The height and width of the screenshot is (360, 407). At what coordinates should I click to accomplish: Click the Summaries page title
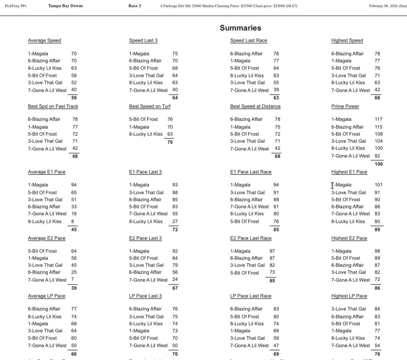tap(240, 28)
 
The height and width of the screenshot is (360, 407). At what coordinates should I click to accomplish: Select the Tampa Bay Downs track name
tap(65, 6)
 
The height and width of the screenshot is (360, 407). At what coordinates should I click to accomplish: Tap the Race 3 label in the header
tap(135, 6)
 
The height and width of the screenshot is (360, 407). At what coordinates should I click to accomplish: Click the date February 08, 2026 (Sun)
tap(388, 6)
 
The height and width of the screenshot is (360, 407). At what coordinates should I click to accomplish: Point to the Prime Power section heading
tap(345, 106)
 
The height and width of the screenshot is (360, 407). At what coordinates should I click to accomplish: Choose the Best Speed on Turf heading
tap(149, 106)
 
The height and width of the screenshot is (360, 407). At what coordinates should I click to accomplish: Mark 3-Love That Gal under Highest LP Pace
tap(349, 309)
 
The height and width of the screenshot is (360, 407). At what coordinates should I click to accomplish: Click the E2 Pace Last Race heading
tap(250, 238)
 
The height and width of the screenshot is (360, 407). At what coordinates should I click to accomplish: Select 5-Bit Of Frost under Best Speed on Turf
tap(143, 119)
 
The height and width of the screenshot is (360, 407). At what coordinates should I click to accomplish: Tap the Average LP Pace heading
tap(46, 296)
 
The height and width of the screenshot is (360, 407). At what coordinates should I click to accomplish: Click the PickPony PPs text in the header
tap(16, 6)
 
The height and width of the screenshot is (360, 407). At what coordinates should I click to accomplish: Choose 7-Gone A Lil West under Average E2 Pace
tap(47, 280)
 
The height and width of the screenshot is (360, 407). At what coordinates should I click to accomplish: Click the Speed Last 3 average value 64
tap(175, 98)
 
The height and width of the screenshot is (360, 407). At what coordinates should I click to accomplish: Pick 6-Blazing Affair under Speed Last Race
tap(246, 54)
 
